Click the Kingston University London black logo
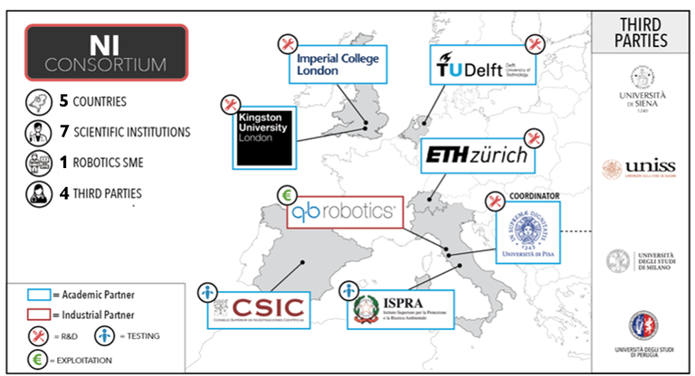(x=262, y=138)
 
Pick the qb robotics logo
(x=341, y=213)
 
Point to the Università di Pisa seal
(x=528, y=232)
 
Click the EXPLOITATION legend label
(x=80, y=359)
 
